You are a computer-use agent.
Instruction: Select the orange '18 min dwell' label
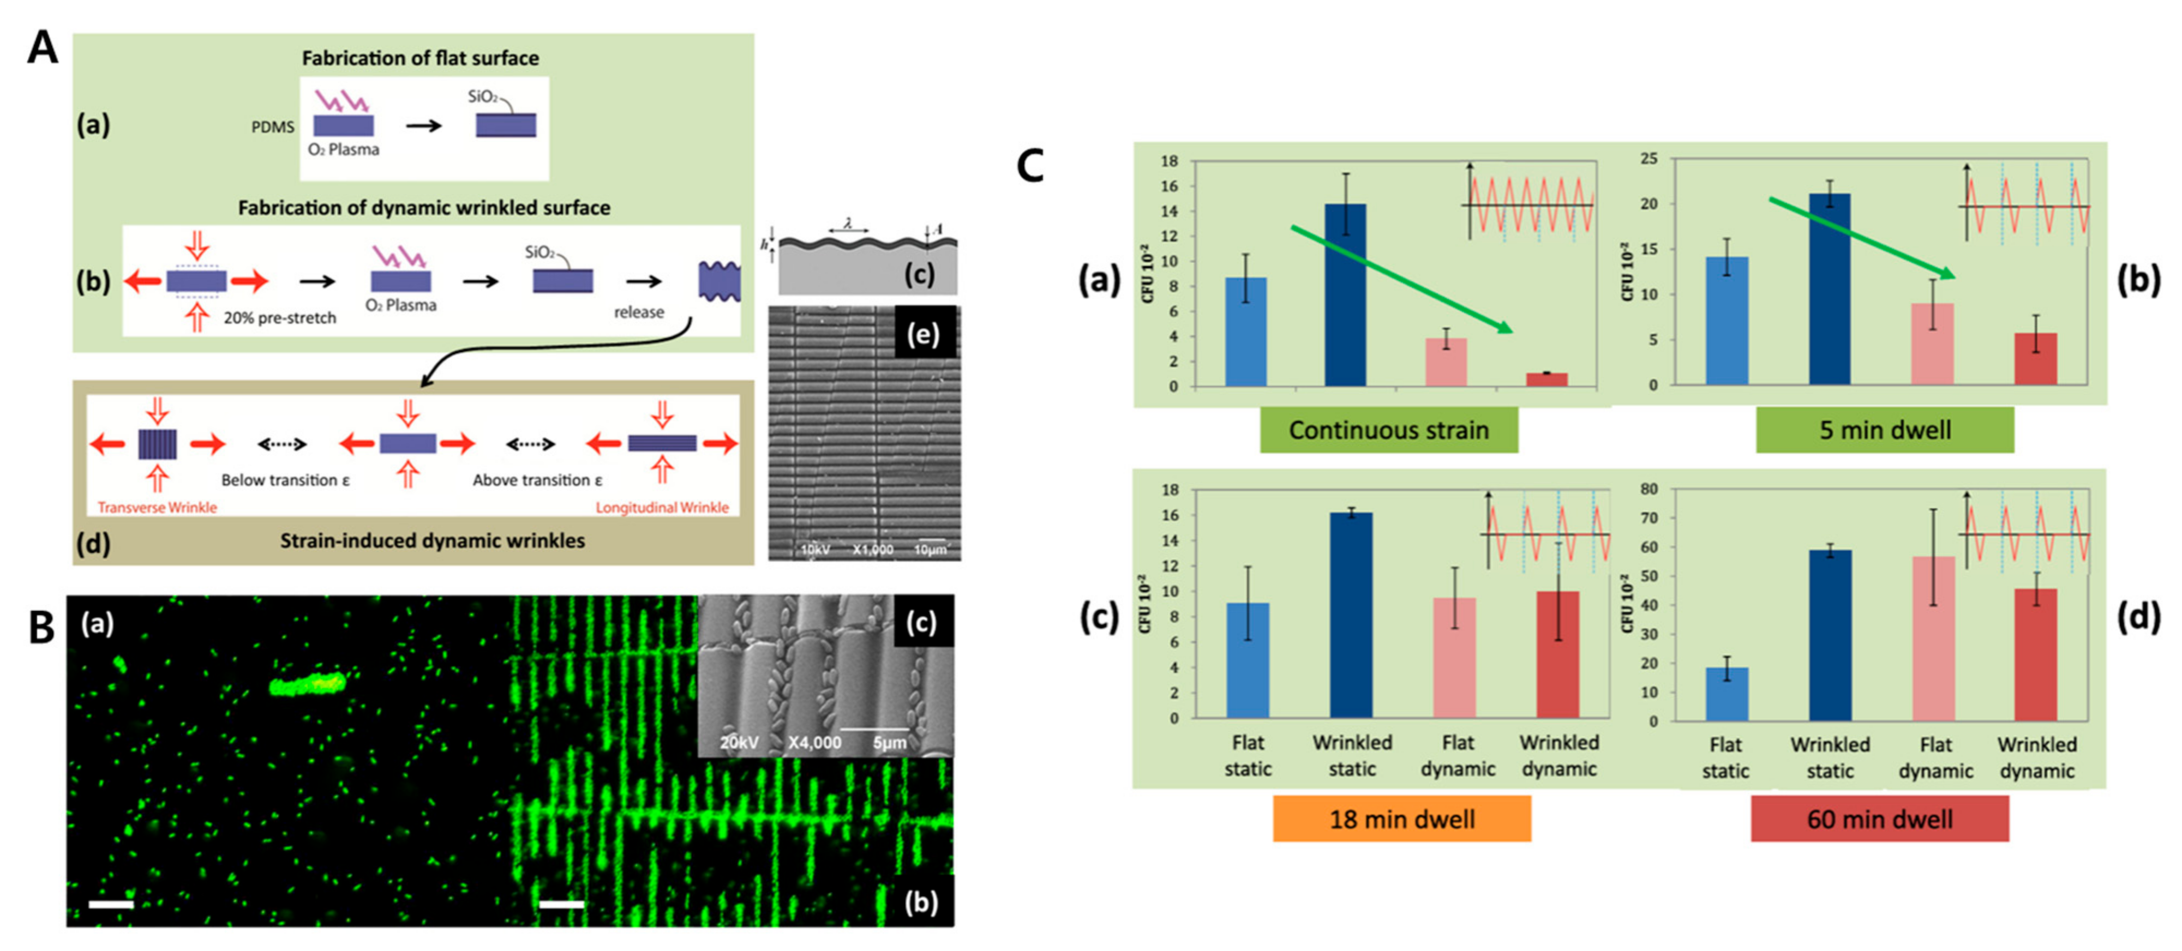[1402, 819]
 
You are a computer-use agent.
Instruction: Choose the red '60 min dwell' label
[1880, 819]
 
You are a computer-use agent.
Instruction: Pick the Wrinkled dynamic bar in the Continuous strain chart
[1546, 380]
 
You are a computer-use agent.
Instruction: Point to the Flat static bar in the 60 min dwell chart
[1727, 694]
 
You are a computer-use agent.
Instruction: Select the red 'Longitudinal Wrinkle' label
[662, 507]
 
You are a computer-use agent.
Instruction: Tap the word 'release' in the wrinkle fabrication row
[639, 311]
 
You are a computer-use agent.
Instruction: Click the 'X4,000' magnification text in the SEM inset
[815, 743]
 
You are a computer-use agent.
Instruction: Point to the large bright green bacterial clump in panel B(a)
[308, 683]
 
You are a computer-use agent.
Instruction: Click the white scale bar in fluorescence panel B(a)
[111, 905]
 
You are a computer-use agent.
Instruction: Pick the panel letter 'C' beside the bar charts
[1030, 166]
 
